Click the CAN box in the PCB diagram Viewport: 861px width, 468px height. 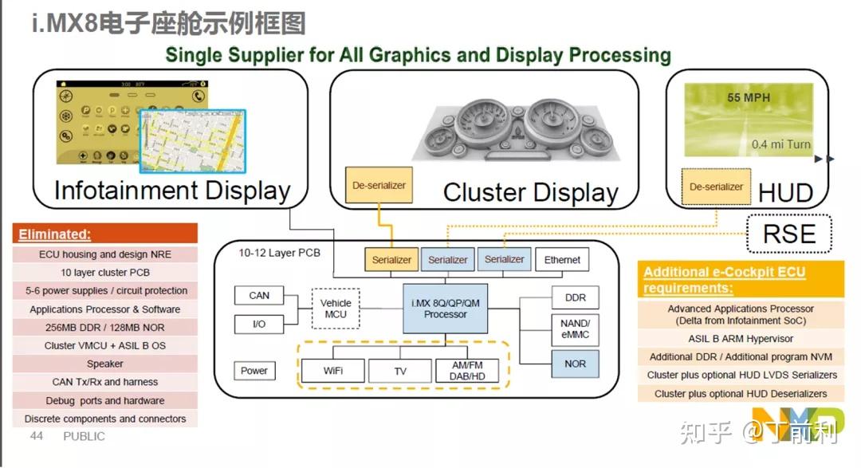click(x=259, y=296)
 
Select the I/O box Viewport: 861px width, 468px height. click(x=259, y=324)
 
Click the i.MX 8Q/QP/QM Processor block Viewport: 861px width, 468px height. click(x=446, y=309)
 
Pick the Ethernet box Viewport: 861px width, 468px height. click(x=562, y=260)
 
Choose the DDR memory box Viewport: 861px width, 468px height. click(x=575, y=298)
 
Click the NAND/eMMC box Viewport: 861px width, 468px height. click(x=575, y=328)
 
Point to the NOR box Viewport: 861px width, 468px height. click(x=575, y=364)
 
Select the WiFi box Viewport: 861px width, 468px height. click(x=333, y=372)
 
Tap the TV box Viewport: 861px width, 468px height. click(x=400, y=372)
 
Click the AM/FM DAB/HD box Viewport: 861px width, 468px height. click(x=466, y=371)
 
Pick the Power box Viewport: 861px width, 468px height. click(x=254, y=371)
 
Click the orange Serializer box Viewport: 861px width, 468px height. click(x=392, y=260)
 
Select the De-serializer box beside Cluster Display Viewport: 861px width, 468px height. click(x=379, y=186)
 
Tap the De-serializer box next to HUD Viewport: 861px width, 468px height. click(x=716, y=187)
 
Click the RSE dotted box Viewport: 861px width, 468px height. click(x=789, y=233)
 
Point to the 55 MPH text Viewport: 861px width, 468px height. click(x=745, y=98)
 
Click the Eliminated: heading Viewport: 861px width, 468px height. click(x=55, y=234)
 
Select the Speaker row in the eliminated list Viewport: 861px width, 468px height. click(x=105, y=364)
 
